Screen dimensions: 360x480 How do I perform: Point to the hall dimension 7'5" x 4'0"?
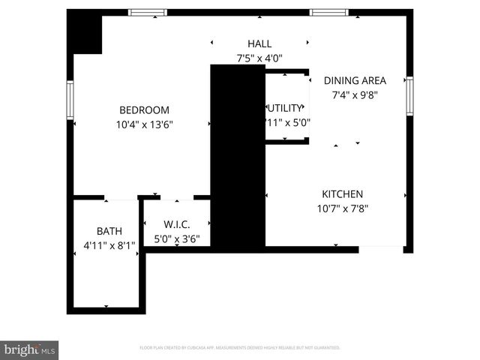coord(259,58)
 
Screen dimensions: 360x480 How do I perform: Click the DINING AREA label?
coord(355,80)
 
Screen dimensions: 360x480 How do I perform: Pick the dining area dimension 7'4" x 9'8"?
coord(355,95)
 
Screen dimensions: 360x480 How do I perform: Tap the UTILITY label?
coord(286,108)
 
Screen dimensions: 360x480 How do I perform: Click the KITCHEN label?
coord(343,193)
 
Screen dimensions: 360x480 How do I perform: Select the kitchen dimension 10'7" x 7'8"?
coord(343,209)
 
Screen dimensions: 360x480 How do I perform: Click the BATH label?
coord(109,231)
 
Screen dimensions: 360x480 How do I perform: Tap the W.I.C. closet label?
coord(177,224)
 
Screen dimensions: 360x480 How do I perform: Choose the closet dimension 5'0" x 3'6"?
coord(177,240)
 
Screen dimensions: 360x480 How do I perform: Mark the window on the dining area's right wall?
coord(409,95)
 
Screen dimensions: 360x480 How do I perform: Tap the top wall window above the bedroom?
coord(147,12)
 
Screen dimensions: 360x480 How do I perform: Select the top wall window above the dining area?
coord(329,12)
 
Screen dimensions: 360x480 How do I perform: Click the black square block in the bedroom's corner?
coord(84,33)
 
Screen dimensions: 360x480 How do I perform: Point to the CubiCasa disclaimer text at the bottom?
coord(240,348)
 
